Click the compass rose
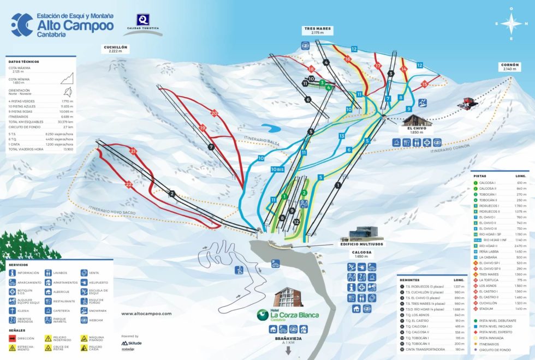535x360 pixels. (x=511, y=24)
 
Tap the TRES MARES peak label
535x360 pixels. (x=317, y=30)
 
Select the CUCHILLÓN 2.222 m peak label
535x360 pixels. (x=115, y=49)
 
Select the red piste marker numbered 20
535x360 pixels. (x=214, y=113)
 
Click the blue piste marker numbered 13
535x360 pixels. (x=342, y=136)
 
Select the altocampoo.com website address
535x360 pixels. (x=146, y=314)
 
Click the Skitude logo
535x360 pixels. (x=131, y=343)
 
